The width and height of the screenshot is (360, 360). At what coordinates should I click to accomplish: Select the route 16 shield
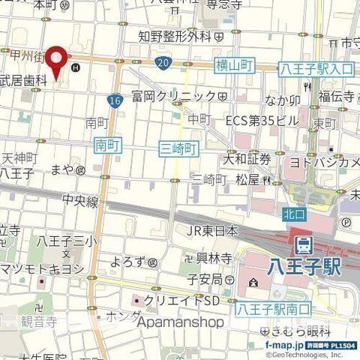coord(114,100)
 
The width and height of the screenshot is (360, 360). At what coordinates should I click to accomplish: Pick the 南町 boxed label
coord(108,142)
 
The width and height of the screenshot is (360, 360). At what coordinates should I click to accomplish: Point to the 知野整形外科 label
coord(174,36)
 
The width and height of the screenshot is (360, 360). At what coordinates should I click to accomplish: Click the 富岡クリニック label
coord(172,96)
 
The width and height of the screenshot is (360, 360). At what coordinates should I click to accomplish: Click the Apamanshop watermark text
coord(180,322)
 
